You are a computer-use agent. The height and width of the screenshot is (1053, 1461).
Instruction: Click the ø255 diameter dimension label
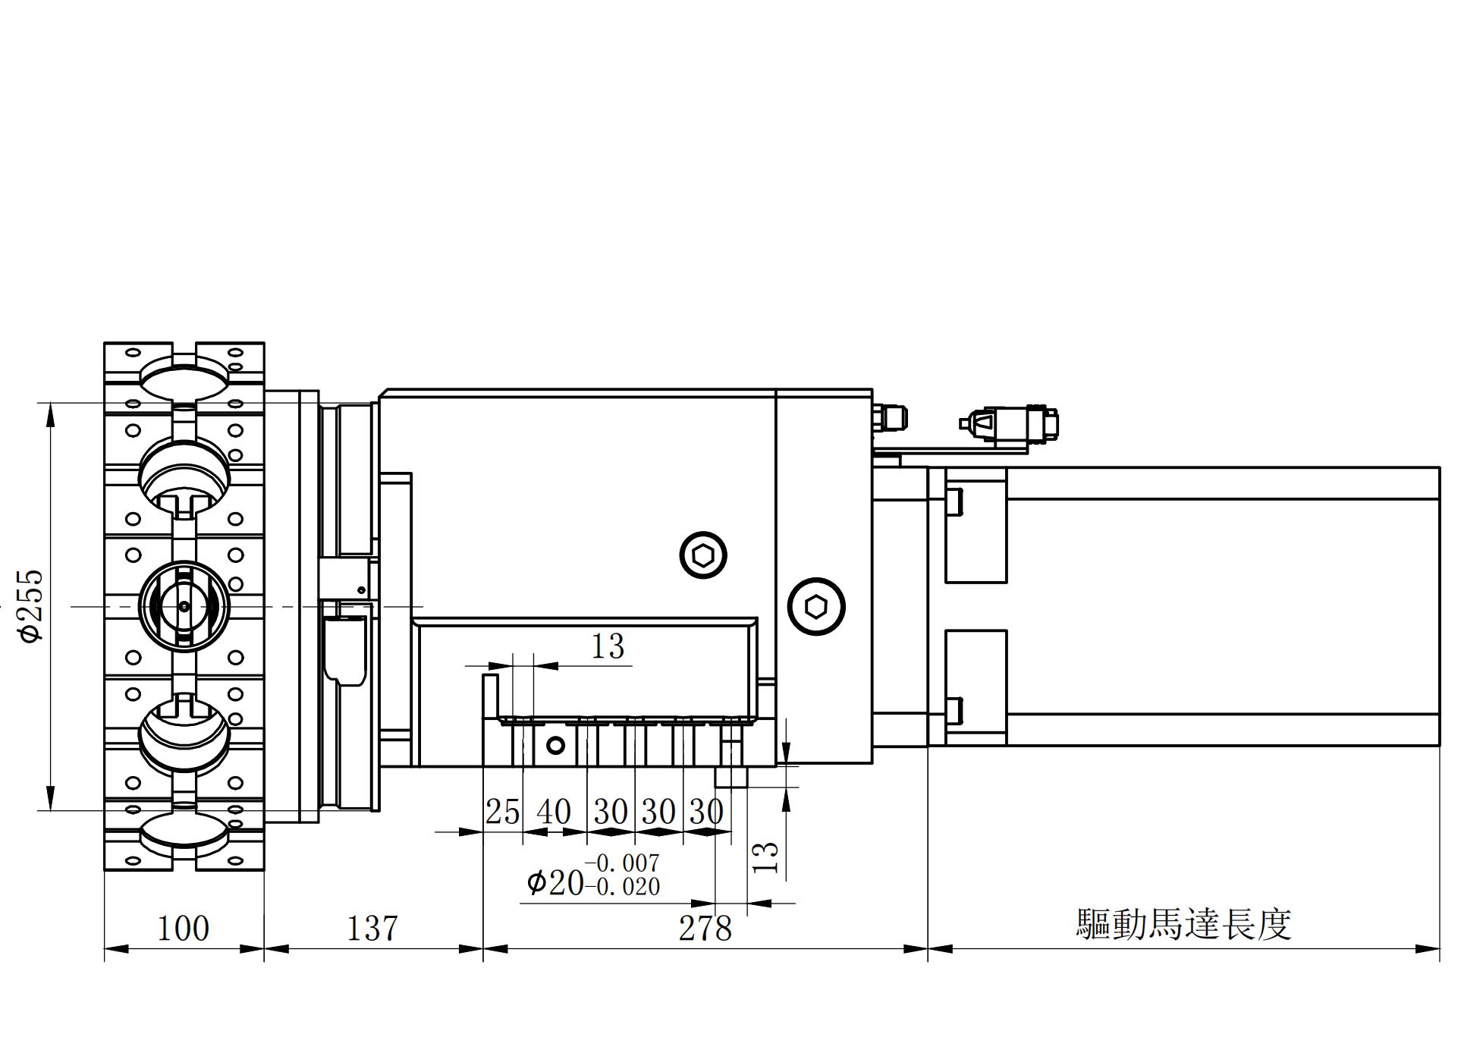(x=32, y=605)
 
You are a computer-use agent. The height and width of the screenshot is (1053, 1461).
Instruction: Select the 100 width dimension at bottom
(x=183, y=928)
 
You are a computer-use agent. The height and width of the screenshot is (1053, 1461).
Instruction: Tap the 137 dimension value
(x=372, y=928)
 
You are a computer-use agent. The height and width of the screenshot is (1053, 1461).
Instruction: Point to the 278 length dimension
(x=705, y=928)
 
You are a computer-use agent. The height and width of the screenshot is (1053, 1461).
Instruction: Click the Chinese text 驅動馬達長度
(x=1183, y=925)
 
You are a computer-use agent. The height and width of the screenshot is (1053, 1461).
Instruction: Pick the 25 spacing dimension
(x=502, y=813)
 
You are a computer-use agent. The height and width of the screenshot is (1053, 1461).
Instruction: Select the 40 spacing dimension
(x=554, y=813)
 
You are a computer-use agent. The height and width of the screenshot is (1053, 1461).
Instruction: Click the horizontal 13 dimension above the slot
(x=608, y=647)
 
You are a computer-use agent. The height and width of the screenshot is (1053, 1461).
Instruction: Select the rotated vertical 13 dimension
(x=768, y=857)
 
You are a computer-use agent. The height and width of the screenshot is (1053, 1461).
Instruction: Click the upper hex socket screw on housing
(x=703, y=555)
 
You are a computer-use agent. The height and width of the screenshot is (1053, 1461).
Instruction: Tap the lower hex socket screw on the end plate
(x=816, y=607)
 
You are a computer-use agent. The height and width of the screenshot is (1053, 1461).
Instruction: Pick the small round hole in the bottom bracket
(x=555, y=745)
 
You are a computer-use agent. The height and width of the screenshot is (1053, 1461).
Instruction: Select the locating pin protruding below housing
(x=732, y=775)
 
